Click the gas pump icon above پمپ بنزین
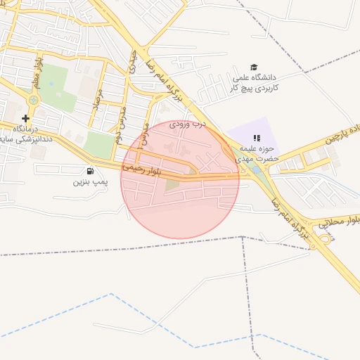(x=89, y=171)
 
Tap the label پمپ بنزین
(x=89, y=181)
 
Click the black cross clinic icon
(x=25, y=118)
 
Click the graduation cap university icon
(x=254, y=67)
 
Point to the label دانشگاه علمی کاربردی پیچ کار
(x=255, y=82)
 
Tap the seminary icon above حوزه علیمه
(x=257, y=138)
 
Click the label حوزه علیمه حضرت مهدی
(x=259, y=153)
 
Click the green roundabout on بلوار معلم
(x=33, y=100)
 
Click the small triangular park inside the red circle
(x=172, y=184)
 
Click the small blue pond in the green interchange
(x=256, y=169)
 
